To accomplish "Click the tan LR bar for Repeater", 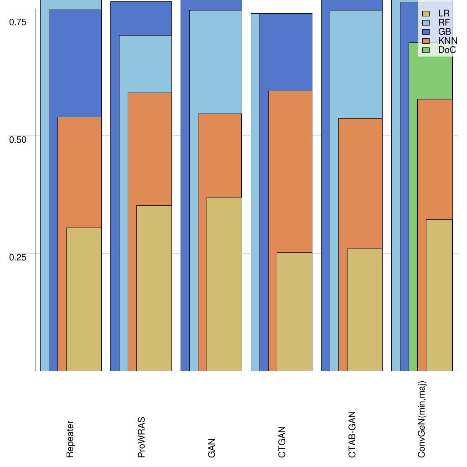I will point(84,299).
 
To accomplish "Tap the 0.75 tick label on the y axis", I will point(19,22).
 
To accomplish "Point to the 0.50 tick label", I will point(19,139).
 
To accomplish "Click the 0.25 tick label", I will point(19,257).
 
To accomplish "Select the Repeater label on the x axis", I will point(70,439).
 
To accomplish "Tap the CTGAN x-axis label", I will point(282,442).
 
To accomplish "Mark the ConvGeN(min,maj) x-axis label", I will point(422,420).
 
